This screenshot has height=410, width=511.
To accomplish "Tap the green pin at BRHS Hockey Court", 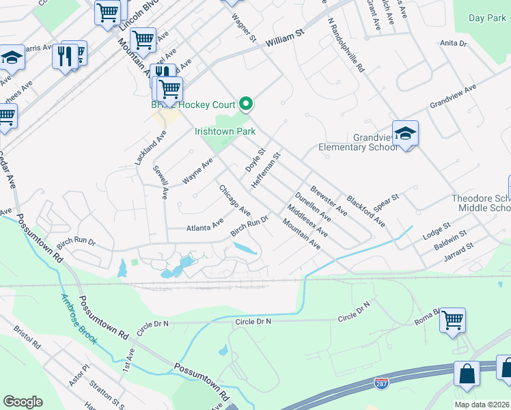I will [247, 104].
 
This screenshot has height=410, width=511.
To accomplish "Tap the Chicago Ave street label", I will [234, 199].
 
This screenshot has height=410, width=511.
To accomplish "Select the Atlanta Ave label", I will [205, 223].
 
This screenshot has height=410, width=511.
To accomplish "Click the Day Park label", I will [488, 18].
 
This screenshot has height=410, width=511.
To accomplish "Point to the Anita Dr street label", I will [453, 43].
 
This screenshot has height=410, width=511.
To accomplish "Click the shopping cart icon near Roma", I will [452, 319].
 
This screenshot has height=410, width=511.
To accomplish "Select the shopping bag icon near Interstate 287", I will [468, 374].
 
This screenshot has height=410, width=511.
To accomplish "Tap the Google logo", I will [23, 402].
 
